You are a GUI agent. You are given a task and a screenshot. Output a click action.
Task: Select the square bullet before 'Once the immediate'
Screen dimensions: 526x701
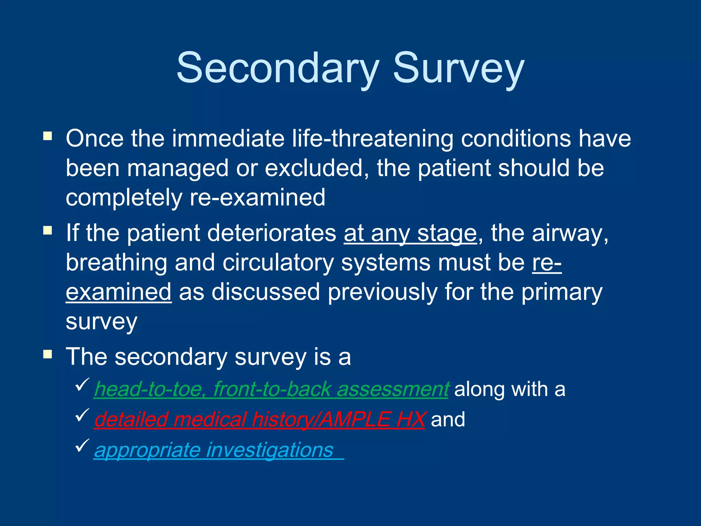[48, 137]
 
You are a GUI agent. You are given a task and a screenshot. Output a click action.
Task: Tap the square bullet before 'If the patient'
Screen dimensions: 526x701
[48, 230]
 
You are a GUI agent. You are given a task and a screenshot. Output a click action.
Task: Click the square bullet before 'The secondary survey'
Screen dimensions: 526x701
[48, 354]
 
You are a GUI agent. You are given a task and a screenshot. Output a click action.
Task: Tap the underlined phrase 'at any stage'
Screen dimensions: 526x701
[410, 233]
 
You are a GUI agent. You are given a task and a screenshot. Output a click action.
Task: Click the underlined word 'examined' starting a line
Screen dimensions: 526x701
[118, 292]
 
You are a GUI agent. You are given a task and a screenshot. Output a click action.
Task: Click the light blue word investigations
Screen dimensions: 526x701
[270, 450]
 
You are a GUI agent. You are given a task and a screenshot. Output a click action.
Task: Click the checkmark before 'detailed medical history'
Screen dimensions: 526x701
[82, 415]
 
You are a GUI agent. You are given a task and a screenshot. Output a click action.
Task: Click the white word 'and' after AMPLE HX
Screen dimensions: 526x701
[448, 419]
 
